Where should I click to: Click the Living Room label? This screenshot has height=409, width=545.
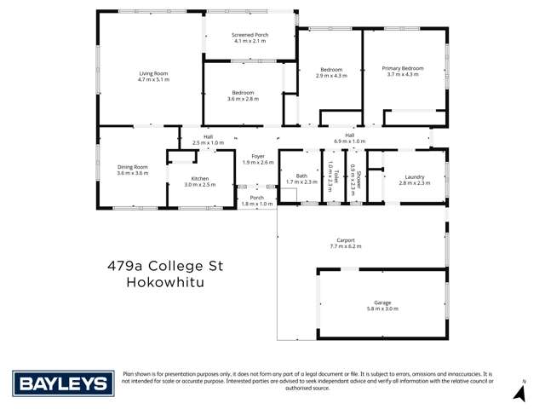153,74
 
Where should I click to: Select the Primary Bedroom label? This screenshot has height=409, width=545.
403,67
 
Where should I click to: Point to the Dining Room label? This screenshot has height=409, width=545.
132,167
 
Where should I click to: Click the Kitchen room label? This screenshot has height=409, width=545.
200,178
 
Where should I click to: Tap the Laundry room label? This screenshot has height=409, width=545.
415,177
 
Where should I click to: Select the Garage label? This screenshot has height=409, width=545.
382,302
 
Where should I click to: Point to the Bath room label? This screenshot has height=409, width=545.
301,176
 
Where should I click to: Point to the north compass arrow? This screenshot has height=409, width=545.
518,392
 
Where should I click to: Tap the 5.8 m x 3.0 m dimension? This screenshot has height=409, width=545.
382,308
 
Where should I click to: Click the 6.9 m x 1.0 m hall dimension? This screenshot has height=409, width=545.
349,141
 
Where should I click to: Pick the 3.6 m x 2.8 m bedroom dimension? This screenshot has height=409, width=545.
243,99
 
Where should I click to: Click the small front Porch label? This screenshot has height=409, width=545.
256,198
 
